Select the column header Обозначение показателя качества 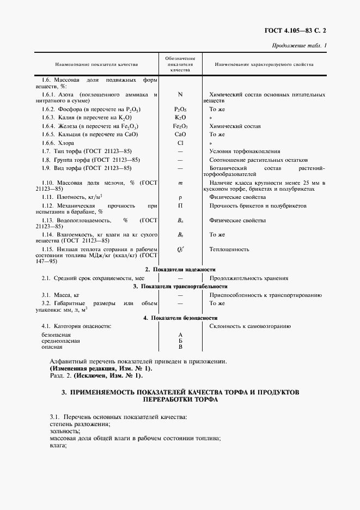pos(180,64)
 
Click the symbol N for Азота pos(180,94)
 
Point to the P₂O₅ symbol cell pos(180,110)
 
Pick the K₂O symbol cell pos(180,118)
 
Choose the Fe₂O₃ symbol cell pos(180,126)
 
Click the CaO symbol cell pos(180,134)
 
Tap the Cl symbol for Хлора pos(180,143)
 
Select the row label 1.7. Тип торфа pos(87,151)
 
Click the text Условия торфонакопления pos(245,151)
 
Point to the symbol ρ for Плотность pos(180,197)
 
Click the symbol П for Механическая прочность pos(180,206)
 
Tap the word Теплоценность pos(229,249)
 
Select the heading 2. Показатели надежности pos(180,270)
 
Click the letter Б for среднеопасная pos(180,341)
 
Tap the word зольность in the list pos(64,430)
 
